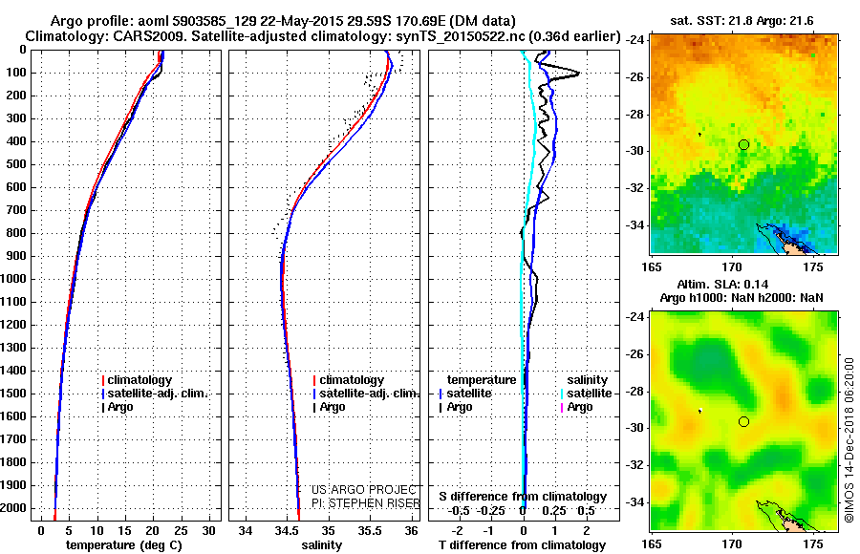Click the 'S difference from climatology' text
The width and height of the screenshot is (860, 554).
522,497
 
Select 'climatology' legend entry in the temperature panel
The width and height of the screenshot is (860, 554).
142,380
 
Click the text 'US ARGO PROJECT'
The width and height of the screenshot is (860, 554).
358,489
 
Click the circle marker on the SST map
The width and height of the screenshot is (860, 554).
743,144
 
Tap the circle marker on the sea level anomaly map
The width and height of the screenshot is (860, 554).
743,421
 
